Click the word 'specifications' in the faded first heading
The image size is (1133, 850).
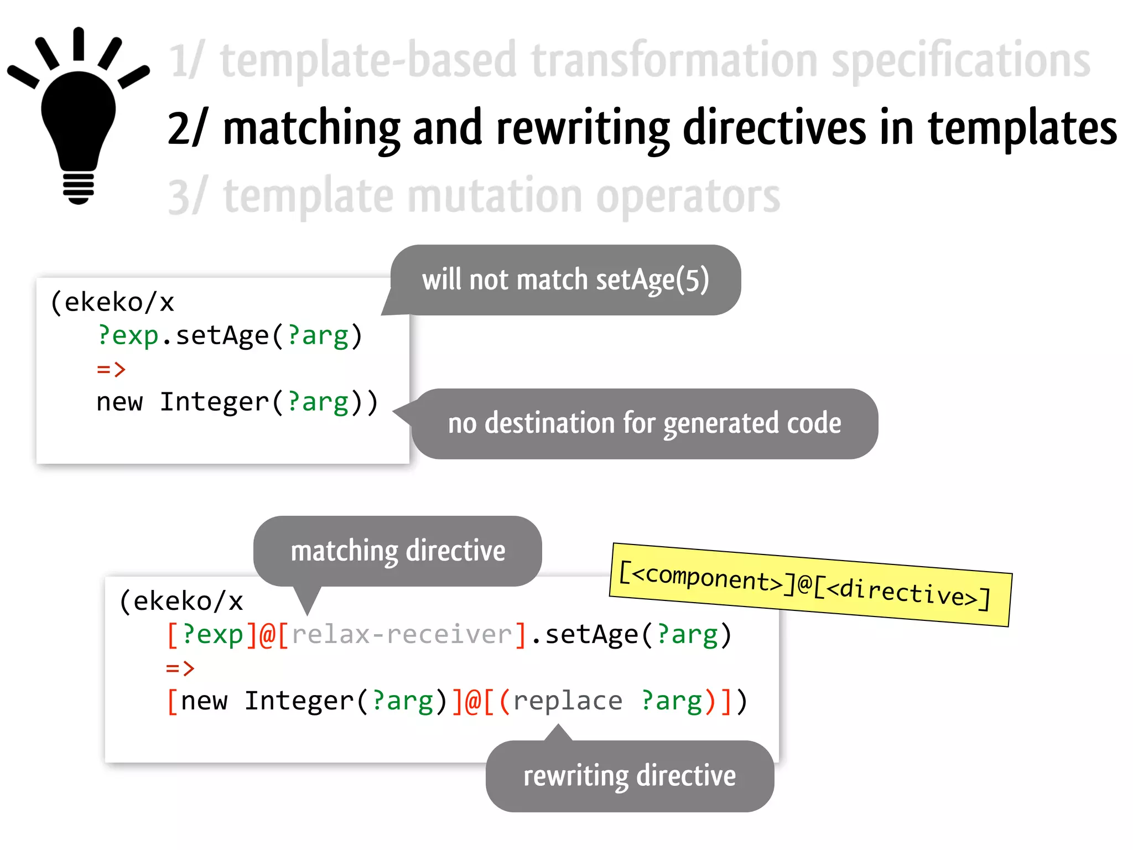point(961,61)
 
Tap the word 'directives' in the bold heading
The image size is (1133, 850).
point(775,128)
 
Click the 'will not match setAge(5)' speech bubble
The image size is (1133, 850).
point(565,280)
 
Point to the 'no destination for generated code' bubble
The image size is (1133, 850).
point(645,424)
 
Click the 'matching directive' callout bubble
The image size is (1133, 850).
point(398,551)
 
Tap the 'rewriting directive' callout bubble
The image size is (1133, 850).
point(630,776)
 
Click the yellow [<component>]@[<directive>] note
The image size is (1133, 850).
point(810,585)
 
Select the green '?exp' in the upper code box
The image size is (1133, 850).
point(128,336)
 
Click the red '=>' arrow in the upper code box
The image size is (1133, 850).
point(111,369)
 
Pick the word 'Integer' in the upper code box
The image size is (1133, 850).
point(214,402)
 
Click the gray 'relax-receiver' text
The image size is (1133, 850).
point(402,635)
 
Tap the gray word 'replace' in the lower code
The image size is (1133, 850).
point(568,701)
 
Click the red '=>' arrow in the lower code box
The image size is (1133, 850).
point(180,668)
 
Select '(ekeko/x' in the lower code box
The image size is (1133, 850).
point(181,602)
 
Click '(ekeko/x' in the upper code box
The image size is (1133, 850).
point(112,303)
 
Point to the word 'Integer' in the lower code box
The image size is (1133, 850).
point(299,701)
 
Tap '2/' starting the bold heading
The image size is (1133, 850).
point(186,128)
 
